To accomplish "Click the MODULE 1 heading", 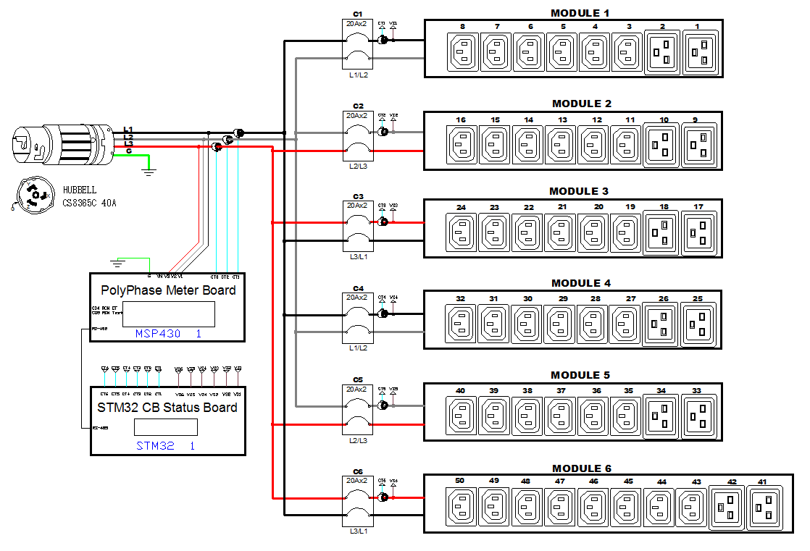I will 580,13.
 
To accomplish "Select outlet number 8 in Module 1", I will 463,53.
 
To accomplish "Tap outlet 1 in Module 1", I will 699,53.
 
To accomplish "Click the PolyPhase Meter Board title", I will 167,290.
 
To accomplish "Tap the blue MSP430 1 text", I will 168,334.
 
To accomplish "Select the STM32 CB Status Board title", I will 167,408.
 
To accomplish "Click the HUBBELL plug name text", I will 79,190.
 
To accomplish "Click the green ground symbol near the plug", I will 149,171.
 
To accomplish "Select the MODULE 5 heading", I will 580,375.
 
